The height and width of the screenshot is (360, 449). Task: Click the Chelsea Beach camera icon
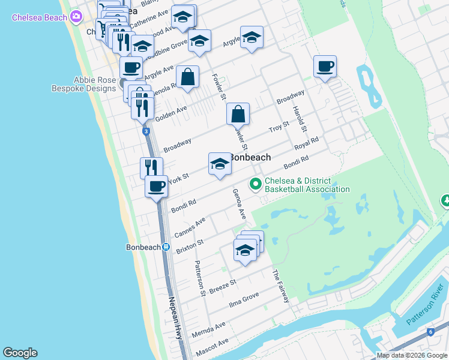click(76, 17)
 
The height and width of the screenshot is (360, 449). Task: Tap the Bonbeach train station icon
click(166, 247)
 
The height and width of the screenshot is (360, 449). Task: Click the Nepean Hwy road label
click(175, 319)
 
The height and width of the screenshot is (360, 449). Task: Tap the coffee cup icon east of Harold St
click(325, 67)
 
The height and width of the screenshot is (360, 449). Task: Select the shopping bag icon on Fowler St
click(238, 113)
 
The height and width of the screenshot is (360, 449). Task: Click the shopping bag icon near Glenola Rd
click(187, 77)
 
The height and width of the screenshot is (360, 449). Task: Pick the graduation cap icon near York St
click(220, 164)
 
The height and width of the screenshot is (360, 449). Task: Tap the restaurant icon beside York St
click(151, 167)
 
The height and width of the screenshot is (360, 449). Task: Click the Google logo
click(20, 353)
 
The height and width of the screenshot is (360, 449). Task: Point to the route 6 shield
click(430, 332)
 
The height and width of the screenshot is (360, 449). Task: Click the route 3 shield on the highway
click(146, 131)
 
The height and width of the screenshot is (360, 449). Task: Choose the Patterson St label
click(200, 277)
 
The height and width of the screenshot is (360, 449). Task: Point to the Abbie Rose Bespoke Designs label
click(94, 84)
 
